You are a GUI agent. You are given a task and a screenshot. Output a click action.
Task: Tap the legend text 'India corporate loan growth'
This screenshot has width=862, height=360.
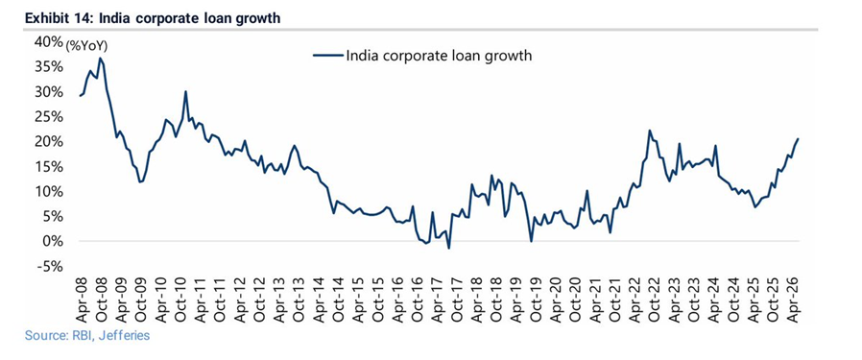coord(439,56)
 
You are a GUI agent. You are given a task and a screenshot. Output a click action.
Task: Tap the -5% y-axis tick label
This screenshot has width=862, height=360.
coord(52,267)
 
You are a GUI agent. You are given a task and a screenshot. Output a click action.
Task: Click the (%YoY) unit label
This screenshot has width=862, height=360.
coord(86,47)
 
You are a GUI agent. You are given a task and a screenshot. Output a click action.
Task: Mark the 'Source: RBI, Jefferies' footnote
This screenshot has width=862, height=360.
coord(86,335)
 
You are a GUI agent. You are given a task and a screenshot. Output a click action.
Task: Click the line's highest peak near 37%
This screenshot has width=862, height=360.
coord(100,58)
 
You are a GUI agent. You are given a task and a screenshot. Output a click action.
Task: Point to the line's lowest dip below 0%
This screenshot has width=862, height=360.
coord(448,249)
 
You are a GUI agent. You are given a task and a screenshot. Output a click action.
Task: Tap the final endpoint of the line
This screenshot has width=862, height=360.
coord(798,139)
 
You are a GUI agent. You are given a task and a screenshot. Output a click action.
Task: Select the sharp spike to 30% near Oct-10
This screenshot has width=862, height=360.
coord(186,91)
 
